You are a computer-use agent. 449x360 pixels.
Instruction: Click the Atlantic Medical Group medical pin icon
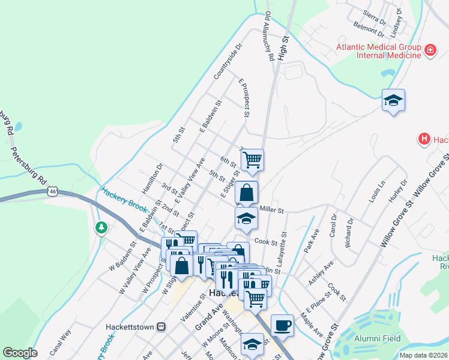pyautogui.click(x=430, y=50)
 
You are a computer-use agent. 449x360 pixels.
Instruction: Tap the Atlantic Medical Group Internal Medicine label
pyautogui.click(x=378, y=50)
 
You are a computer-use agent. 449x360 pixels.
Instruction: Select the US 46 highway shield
pyautogui.click(x=53, y=191)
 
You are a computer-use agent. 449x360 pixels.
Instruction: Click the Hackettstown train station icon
pyautogui.click(x=161, y=327)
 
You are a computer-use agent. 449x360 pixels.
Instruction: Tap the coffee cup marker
pyautogui.click(x=282, y=326)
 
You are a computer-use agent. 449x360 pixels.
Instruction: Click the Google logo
pyautogui.click(x=20, y=353)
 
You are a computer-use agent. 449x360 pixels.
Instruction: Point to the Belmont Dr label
pyautogui.click(x=370, y=28)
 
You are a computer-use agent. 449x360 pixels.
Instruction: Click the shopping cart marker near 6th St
pyautogui.click(x=253, y=160)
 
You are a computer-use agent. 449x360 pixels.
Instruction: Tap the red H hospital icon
pyautogui.click(x=424, y=139)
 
